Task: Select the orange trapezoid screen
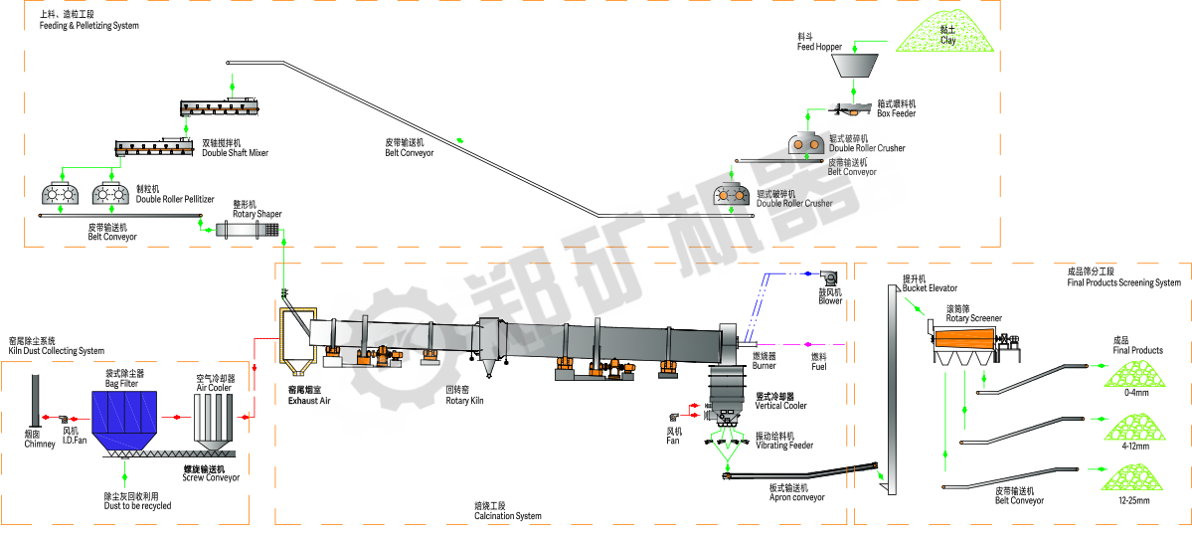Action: [x=964, y=339]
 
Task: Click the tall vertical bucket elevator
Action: [x=892, y=388]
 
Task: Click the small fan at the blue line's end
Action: [x=825, y=279]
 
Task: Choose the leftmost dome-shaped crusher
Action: [x=62, y=194]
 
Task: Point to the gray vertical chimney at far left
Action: [x=36, y=400]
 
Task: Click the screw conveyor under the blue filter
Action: [x=167, y=453]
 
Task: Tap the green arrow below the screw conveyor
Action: [x=125, y=477]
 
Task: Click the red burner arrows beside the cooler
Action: [x=684, y=410]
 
